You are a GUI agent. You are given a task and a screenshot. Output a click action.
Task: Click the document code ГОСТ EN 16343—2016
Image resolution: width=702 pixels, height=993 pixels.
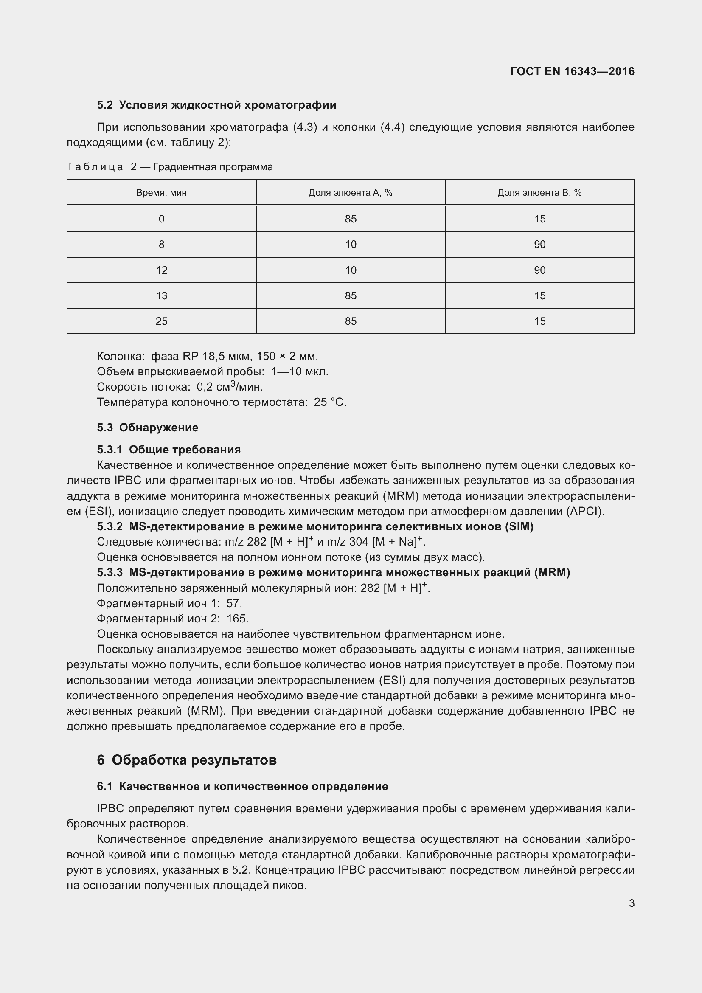[572, 71]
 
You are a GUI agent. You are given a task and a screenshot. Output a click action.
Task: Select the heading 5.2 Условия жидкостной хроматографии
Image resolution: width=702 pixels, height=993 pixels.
[216, 105]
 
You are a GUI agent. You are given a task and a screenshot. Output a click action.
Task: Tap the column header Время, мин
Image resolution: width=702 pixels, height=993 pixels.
[161, 193]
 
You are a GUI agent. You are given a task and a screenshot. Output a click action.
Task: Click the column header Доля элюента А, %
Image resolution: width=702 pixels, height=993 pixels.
[350, 193]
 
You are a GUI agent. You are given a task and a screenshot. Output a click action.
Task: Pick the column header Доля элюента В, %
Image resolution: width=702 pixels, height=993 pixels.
[539, 193]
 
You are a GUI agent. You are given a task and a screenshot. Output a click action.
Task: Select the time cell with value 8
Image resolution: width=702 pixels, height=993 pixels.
[161, 245]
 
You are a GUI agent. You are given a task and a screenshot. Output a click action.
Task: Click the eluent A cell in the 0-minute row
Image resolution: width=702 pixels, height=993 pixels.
[351, 219]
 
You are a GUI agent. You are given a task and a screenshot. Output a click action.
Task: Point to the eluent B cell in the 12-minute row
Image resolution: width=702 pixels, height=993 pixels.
[539, 270]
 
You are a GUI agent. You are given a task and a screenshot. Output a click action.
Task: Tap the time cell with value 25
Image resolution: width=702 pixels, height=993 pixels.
[161, 321]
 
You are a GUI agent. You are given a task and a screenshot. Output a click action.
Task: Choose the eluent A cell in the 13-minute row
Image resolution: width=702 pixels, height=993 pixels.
[351, 296]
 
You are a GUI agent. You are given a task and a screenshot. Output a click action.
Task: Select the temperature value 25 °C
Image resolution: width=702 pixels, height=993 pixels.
[330, 402]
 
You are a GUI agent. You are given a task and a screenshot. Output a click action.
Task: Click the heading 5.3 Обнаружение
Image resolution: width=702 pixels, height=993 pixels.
[147, 428]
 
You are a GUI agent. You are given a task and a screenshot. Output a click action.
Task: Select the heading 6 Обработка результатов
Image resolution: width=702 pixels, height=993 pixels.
[187, 760]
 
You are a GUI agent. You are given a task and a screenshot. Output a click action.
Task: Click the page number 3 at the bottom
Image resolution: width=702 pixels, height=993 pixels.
[632, 903]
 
